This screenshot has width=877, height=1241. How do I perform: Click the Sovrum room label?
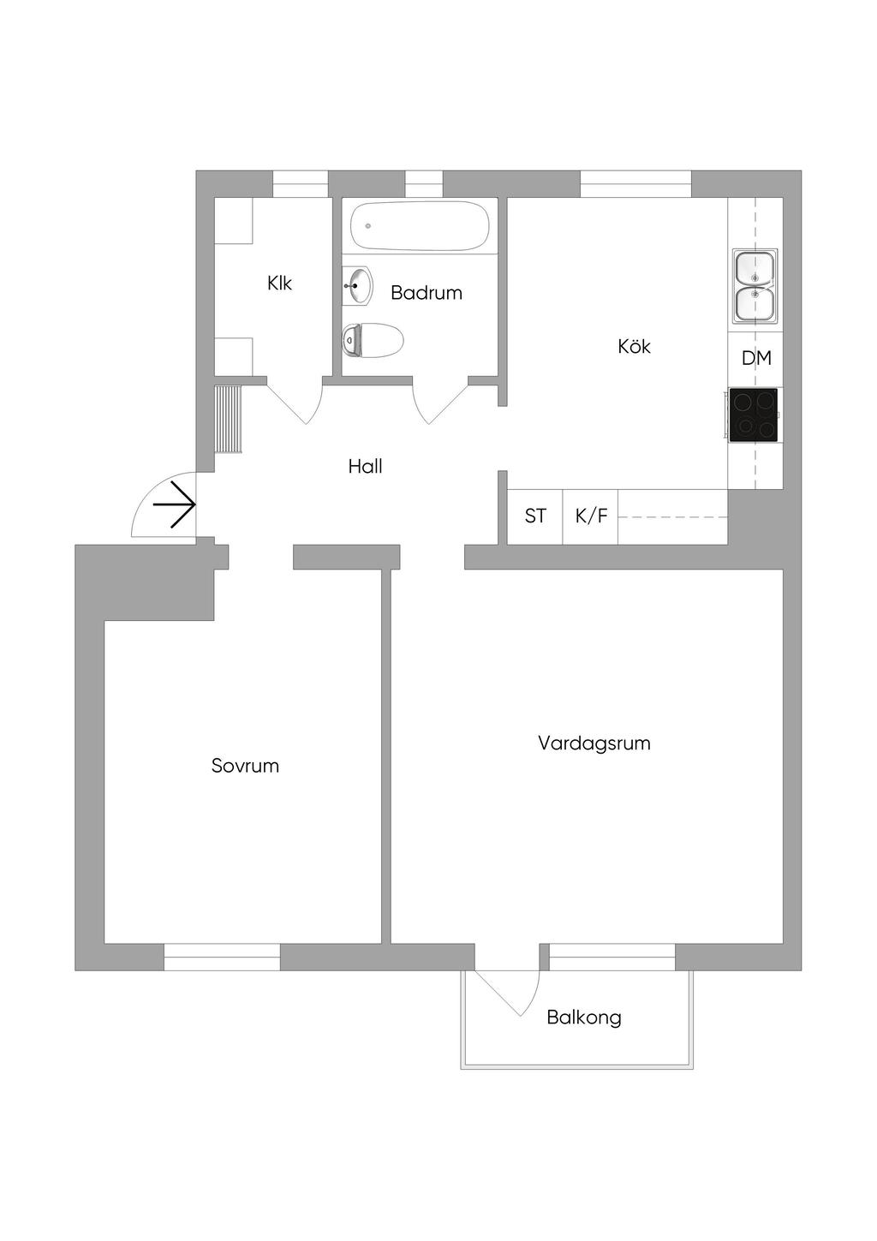[245, 766]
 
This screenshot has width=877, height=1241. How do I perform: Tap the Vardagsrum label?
[594, 743]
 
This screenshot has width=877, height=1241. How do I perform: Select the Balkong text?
[584, 1017]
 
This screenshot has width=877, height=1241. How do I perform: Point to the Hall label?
[365, 467]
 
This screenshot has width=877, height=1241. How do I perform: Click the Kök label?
[634, 346]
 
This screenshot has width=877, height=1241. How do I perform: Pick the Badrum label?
[426, 293]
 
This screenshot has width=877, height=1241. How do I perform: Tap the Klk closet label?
[279, 283]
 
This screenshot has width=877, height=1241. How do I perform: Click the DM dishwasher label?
[756, 358]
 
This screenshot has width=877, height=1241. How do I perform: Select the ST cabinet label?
[534, 516]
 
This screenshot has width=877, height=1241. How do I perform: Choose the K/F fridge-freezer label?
[591, 516]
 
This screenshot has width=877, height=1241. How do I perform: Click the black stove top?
[753, 415]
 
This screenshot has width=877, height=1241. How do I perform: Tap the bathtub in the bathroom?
[421, 226]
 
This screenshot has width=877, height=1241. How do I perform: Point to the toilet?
[373, 340]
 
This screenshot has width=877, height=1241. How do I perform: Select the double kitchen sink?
[755, 286]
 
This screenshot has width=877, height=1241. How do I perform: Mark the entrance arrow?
[174, 504]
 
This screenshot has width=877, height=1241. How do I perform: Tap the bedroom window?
[222, 957]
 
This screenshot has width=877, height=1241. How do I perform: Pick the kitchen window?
[636, 184]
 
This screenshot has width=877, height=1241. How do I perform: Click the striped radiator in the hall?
[229, 420]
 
